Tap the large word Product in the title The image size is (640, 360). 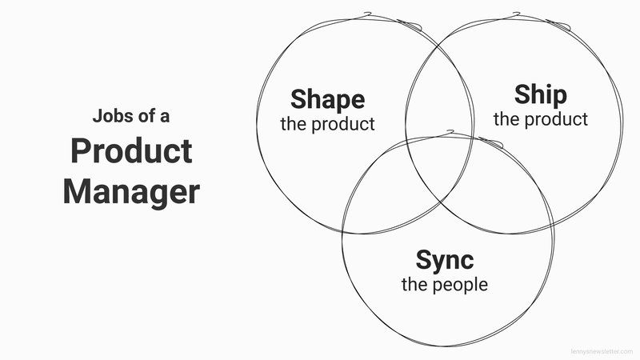coord(131,151)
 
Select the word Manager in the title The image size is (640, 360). coord(131,192)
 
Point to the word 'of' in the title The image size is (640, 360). coord(147,116)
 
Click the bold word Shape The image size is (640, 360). coord(328,99)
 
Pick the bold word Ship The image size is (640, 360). coord(541,94)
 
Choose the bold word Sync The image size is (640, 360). coord(445,261)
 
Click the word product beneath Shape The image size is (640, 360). coord(343,124)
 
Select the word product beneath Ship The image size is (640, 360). coord(556,119)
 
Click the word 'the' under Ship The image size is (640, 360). coord(506,119)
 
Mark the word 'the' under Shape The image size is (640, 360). coord(294,124)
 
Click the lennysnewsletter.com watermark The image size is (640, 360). coord(602,351)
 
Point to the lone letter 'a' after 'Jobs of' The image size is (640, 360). coord(165,117)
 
